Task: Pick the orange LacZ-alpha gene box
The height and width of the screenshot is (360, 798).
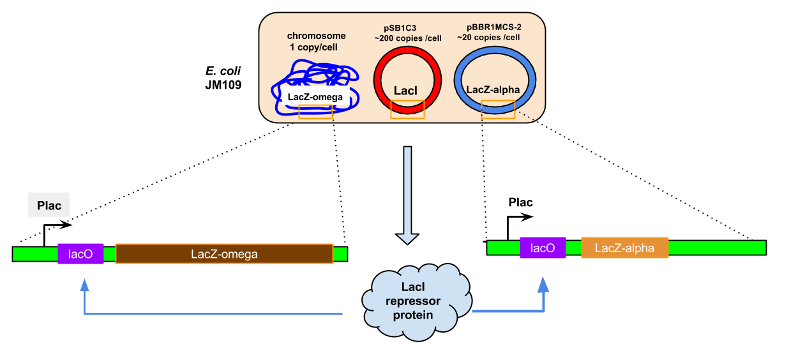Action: pyautogui.click(x=624, y=247)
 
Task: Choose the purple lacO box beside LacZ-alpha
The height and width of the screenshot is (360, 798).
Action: pyautogui.click(x=543, y=247)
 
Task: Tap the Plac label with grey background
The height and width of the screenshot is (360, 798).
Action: pyautogui.click(x=49, y=206)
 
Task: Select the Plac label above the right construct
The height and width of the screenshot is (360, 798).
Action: pyautogui.click(x=520, y=202)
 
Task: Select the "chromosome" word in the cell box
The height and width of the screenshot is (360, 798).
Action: pyautogui.click(x=316, y=36)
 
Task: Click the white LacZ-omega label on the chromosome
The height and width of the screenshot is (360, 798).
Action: pyautogui.click(x=315, y=97)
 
